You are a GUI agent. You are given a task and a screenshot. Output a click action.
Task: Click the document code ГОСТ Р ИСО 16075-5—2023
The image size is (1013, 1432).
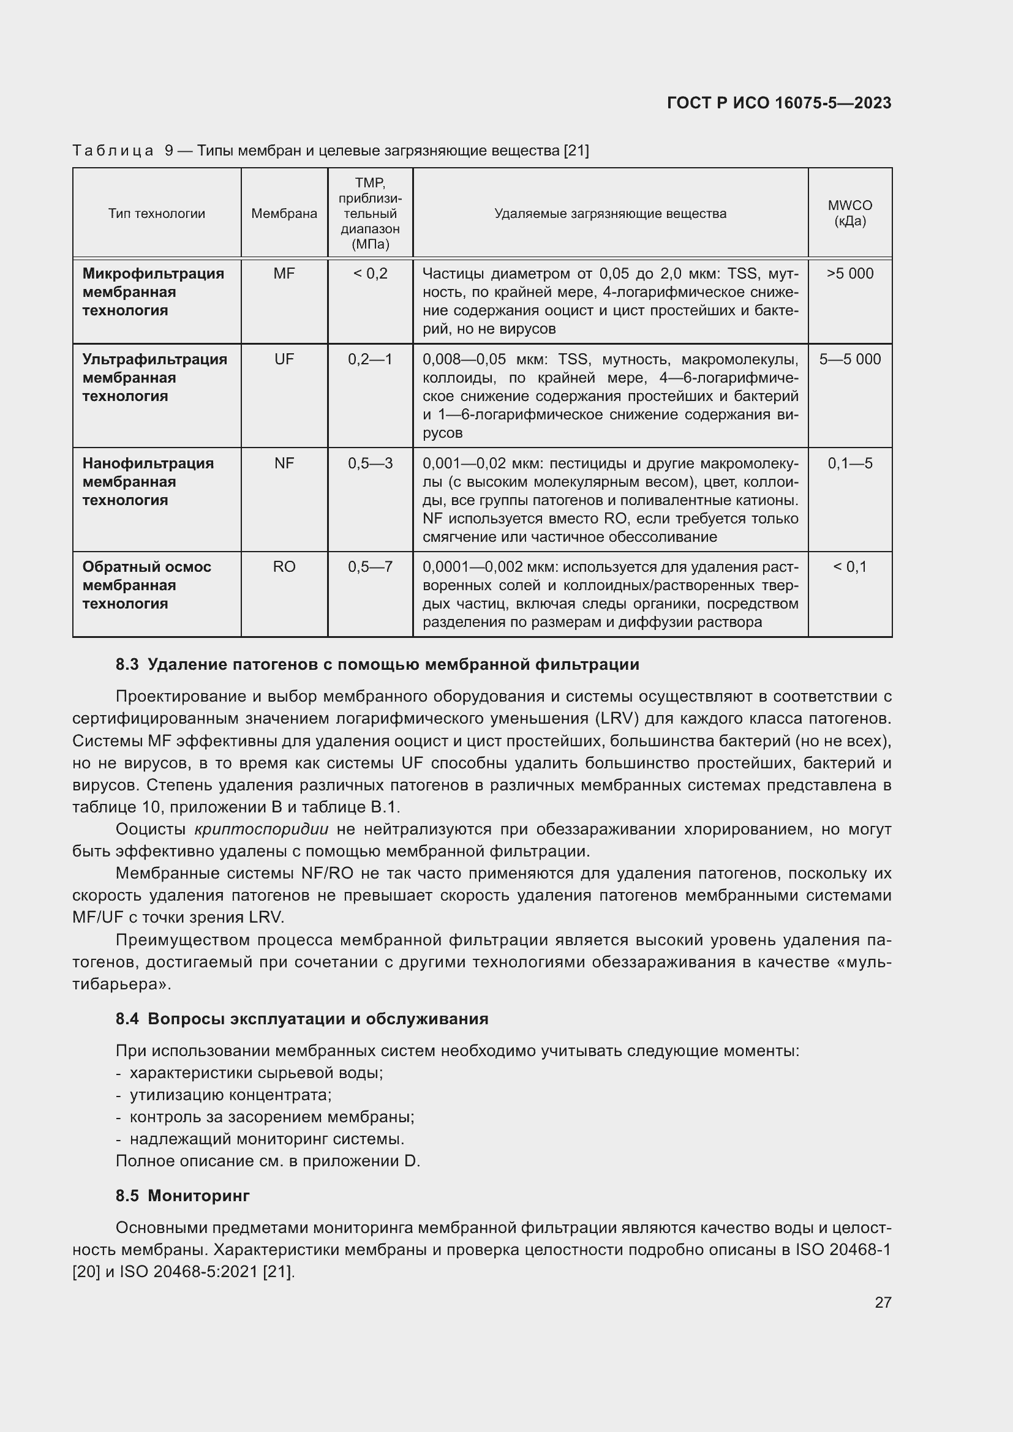pos(778,103)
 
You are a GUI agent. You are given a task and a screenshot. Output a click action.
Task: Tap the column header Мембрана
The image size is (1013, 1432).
pos(284,214)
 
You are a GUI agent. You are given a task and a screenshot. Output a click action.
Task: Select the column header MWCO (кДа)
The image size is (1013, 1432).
pos(849,213)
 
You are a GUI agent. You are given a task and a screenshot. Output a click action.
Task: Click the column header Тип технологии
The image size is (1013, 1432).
pos(157,214)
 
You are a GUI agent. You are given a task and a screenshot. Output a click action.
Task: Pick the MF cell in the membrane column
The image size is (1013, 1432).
pos(284,274)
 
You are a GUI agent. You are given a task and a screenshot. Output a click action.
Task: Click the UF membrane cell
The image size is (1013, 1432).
pos(284,359)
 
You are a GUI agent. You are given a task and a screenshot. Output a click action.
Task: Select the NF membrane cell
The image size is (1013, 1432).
pos(284,463)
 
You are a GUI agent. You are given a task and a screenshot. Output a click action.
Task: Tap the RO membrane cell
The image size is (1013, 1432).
pos(284,567)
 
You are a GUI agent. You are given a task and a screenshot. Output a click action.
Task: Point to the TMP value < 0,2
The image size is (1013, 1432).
pos(370,274)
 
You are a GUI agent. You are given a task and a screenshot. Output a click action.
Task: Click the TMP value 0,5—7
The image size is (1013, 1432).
pos(370,567)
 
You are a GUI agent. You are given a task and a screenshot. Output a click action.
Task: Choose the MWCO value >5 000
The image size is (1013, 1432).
pos(849,274)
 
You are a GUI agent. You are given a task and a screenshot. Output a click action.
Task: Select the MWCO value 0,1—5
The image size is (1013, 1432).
pos(849,463)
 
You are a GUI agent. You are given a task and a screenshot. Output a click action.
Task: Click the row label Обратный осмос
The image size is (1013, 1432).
pos(146,567)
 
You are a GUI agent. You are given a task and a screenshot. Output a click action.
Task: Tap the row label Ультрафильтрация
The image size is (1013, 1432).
pos(155,359)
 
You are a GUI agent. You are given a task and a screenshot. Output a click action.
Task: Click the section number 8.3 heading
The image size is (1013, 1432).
pos(127,665)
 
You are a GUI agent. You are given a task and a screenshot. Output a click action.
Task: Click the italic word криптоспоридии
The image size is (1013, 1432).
pos(262,830)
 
